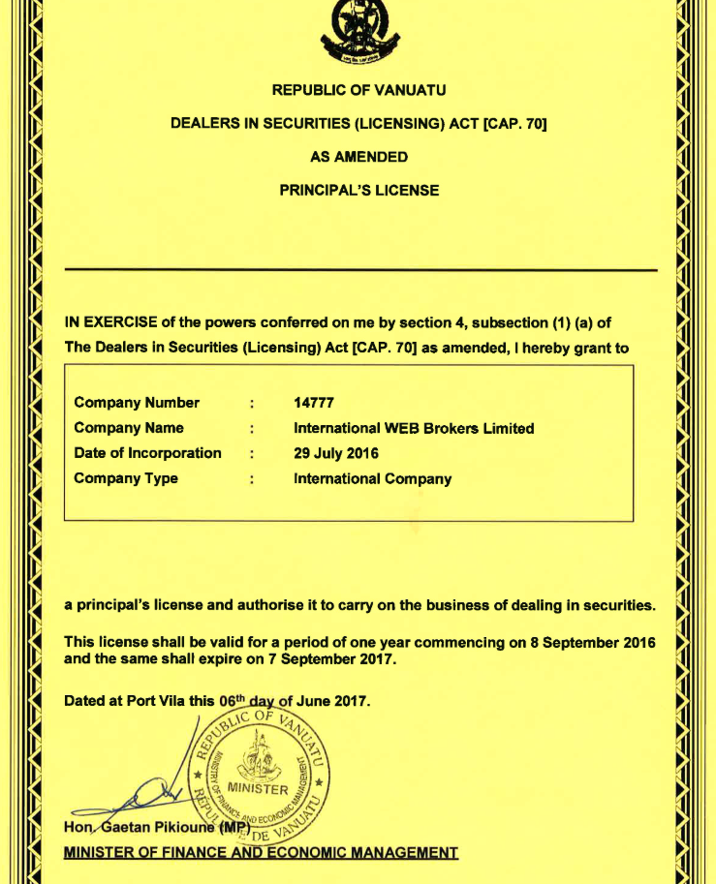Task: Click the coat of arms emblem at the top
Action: click(x=358, y=29)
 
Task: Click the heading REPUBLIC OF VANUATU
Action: click(x=358, y=90)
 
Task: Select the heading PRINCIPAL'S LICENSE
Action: click(x=358, y=190)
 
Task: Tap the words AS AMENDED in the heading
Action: click(x=358, y=156)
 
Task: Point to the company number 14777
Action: click(x=313, y=403)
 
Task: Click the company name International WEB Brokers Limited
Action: click(x=414, y=428)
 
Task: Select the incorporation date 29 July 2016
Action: click(x=336, y=453)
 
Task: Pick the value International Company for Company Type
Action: click(x=372, y=478)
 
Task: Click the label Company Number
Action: click(x=137, y=403)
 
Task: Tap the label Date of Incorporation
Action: click(x=147, y=453)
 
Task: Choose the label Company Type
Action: click(x=126, y=478)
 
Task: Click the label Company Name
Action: click(x=129, y=428)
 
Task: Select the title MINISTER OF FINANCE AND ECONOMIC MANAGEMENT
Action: click(x=261, y=852)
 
